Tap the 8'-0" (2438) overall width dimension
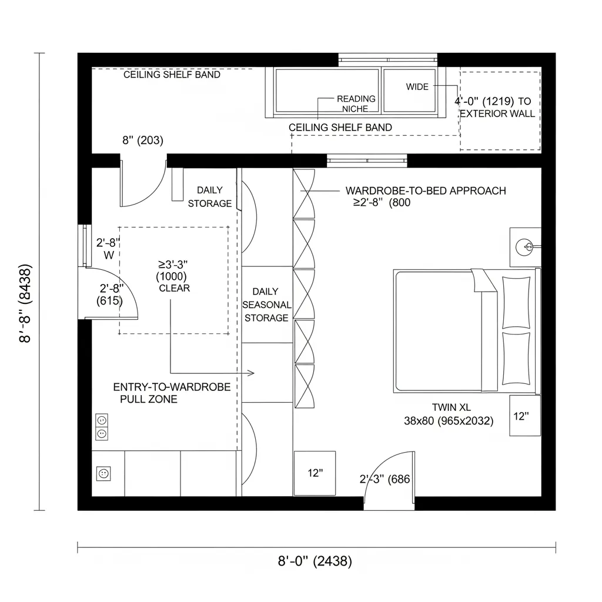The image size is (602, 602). pyautogui.click(x=315, y=561)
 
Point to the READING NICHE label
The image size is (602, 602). pyautogui.click(x=356, y=103)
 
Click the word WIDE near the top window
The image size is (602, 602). pyautogui.click(x=417, y=87)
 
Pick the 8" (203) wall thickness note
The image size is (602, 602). pyautogui.click(x=143, y=141)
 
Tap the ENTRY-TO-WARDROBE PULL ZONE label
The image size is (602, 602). pyautogui.click(x=171, y=393)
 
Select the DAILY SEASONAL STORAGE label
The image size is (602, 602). pyautogui.click(x=266, y=305)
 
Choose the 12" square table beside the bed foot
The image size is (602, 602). pyautogui.click(x=524, y=416)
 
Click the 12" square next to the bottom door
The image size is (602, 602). pyautogui.click(x=315, y=473)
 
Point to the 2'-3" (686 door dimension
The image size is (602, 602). pyautogui.click(x=384, y=479)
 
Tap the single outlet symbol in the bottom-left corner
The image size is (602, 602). pyautogui.click(x=103, y=473)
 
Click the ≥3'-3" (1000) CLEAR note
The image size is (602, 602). pyautogui.click(x=174, y=276)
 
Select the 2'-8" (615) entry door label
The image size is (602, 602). pyautogui.click(x=111, y=295)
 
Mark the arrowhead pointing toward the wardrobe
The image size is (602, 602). pyautogui.click(x=251, y=373)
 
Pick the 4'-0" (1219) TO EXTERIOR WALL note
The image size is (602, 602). pyautogui.click(x=497, y=107)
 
